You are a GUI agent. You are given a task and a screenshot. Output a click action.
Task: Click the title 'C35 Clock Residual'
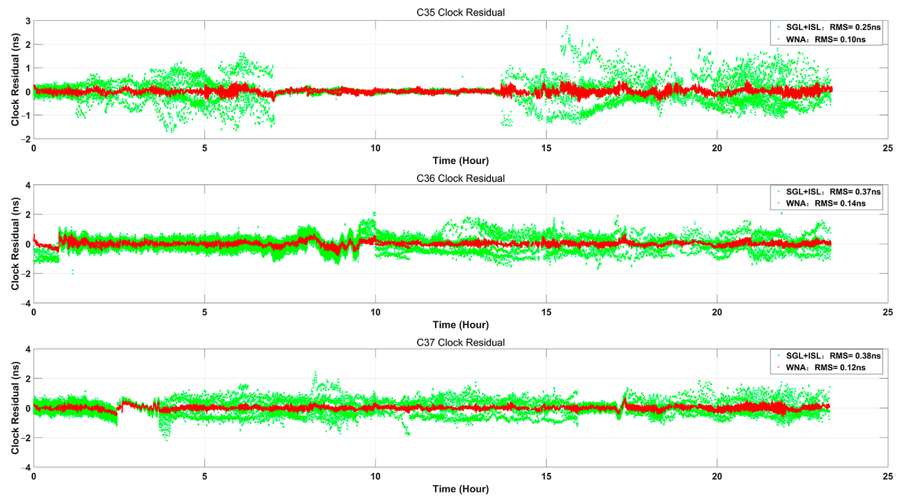pyautogui.click(x=460, y=13)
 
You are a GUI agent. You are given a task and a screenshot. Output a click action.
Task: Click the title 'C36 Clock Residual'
pyautogui.click(x=460, y=178)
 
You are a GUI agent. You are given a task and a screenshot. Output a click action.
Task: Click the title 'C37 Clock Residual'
pyautogui.click(x=460, y=342)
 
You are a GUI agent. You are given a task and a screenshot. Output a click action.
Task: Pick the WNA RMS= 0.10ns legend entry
pyautogui.click(x=825, y=39)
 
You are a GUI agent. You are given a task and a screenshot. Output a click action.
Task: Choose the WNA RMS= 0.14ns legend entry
pyautogui.click(x=825, y=203)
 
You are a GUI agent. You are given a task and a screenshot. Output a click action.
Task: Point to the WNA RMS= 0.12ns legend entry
pyautogui.click(x=825, y=367)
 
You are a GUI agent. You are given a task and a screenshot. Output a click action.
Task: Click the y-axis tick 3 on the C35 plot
pyautogui.click(x=28, y=21)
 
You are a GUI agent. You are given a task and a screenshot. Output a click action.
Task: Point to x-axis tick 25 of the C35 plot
pyautogui.click(x=887, y=148)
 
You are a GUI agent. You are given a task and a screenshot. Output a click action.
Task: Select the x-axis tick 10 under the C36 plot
pyautogui.click(x=375, y=312)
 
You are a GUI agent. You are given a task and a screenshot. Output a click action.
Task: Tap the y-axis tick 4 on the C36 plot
pyautogui.click(x=28, y=185)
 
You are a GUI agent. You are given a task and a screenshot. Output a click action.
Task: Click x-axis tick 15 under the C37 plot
pyautogui.click(x=546, y=476)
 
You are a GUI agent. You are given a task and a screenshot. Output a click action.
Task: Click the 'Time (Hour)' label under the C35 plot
pyautogui.click(x=460, y=161)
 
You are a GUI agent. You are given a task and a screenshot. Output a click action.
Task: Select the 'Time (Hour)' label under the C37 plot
pyautogui.click(x=460, y=489)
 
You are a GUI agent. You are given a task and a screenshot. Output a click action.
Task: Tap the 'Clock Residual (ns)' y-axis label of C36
pyautogui.click(x=15, y=244)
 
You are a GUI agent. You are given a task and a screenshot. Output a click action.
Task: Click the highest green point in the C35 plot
pyautogui.click(x=567, y=26)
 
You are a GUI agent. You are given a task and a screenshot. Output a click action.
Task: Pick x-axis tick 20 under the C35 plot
pyautogui.click(x=717, y=148)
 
